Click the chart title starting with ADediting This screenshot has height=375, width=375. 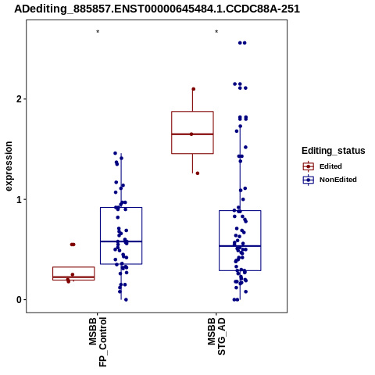157,9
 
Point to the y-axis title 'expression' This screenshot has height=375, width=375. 9,166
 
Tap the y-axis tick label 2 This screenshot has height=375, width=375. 19,99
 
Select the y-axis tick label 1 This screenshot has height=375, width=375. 19,199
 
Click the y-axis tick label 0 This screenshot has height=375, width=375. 19,300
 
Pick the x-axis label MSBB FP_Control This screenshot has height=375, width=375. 98,341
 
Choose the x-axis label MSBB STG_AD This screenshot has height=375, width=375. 216,336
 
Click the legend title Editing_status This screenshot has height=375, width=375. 334,151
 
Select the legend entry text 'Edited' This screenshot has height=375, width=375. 330,166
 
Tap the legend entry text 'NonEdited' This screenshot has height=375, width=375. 338,180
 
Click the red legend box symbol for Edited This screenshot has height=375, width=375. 309,166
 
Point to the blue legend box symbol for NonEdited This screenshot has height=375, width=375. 309,180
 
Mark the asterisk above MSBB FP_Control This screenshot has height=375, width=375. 98,32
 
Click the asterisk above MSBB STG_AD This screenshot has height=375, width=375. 216,32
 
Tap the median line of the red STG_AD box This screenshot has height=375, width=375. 192,134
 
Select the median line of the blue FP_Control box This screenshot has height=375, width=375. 121,241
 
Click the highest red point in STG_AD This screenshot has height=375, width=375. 194,89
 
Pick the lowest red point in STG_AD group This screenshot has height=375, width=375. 198,173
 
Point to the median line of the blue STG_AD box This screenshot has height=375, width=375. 240,246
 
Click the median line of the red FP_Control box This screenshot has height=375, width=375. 73,277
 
